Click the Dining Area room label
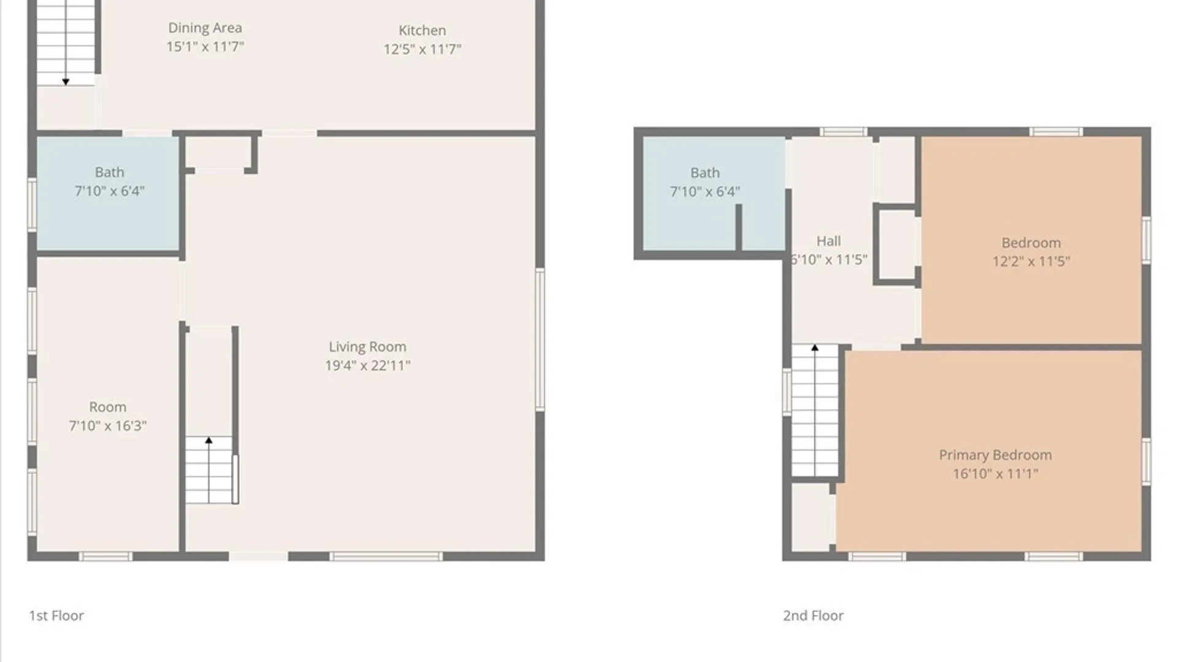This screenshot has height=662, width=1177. [205, 28]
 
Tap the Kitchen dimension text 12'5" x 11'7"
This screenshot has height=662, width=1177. [422, 49]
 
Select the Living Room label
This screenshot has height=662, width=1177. [367, 347]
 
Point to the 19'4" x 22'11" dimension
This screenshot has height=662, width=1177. [368, 366]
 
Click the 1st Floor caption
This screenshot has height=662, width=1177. [56, 615]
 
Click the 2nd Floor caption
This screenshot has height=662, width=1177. [813, 615]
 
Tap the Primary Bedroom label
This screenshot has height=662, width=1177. [996, 455]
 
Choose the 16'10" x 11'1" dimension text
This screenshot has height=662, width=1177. [996, 474]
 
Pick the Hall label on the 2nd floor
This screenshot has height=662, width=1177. [829, 241]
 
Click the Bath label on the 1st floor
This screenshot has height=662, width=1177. [109, 172]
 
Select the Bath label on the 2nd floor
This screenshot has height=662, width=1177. [705, 173]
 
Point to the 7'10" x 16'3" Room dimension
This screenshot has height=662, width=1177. [108, 426]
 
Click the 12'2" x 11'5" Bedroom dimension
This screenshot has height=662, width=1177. [1031, 262]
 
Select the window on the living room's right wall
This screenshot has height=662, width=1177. [540, 340]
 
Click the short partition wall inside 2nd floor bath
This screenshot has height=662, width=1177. [739, 227]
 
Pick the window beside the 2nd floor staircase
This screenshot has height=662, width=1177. [787, 392]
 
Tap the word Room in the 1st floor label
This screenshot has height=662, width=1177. [108, 407]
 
